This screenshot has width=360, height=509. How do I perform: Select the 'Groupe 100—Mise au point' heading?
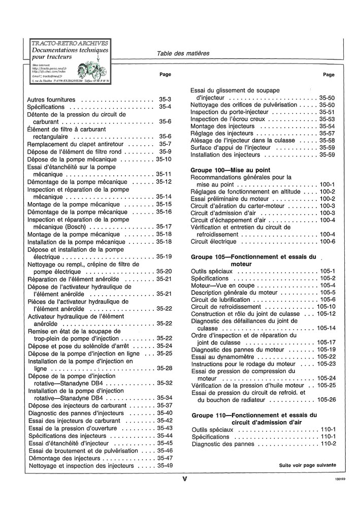tap(230, 170)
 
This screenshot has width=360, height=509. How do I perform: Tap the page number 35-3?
tap(165, 100)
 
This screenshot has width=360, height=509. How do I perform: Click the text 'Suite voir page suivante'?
tap(307, 465)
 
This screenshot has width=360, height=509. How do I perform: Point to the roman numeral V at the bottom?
tap(185, 478)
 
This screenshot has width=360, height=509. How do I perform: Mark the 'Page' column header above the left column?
tap(165, 75)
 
